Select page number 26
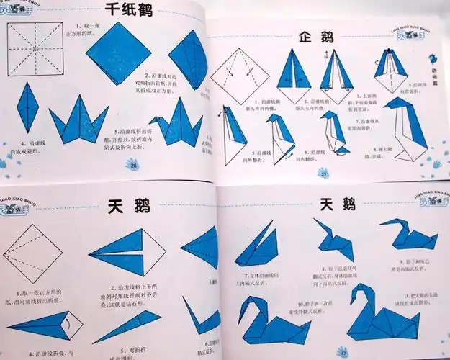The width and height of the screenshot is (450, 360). pos(133,166)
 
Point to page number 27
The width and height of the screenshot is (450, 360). pos(323,174)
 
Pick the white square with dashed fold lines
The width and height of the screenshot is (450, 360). pos(35,48)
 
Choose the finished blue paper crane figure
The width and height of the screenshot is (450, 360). pos(171,122)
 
